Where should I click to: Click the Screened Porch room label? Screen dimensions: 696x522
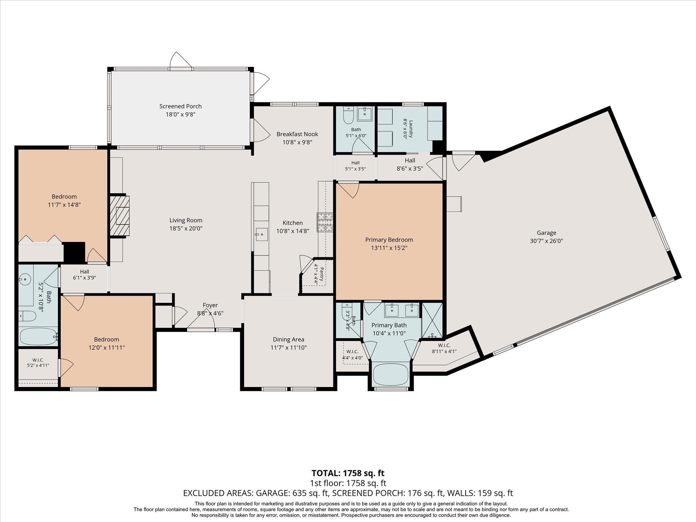point(180,106)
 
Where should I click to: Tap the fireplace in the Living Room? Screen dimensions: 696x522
point(119,215)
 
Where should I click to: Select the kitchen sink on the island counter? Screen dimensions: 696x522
point(261,234)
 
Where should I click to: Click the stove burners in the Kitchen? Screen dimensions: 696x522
point(325,222)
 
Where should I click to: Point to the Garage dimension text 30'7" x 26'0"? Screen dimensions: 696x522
point(546,241)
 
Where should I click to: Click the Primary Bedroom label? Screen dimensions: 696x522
point(389,240)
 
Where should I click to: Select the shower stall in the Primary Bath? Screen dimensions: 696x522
point(432,320)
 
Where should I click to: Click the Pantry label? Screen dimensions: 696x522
point(321,274)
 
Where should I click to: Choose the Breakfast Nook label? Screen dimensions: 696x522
point(297,134)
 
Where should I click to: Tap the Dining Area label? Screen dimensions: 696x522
point(289,340)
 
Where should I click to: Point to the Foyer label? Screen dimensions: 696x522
point(210,305)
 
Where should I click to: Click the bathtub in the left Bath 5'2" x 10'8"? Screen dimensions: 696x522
point(38,336)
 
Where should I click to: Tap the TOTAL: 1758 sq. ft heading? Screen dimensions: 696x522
point(348,473)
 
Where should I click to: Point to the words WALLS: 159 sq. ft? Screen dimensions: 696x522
point(480,493)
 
